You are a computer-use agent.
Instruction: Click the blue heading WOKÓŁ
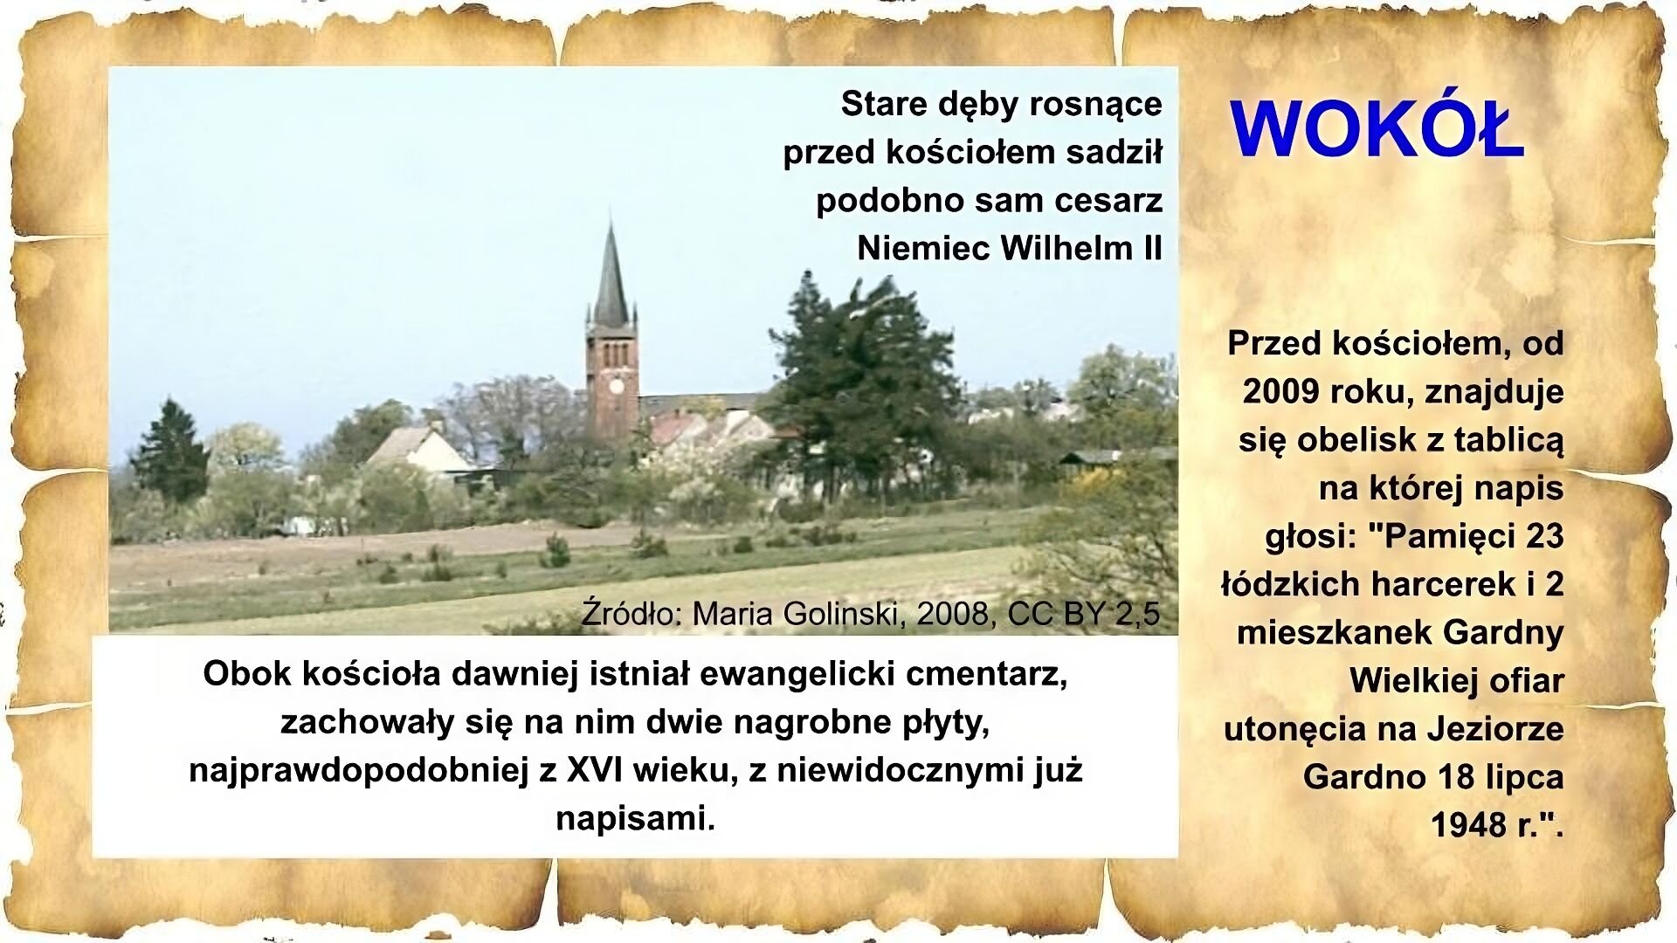1377,129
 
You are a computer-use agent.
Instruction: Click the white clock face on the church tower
616,385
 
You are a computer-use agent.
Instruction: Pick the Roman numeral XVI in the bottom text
597,770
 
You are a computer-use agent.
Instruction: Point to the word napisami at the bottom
635,818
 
